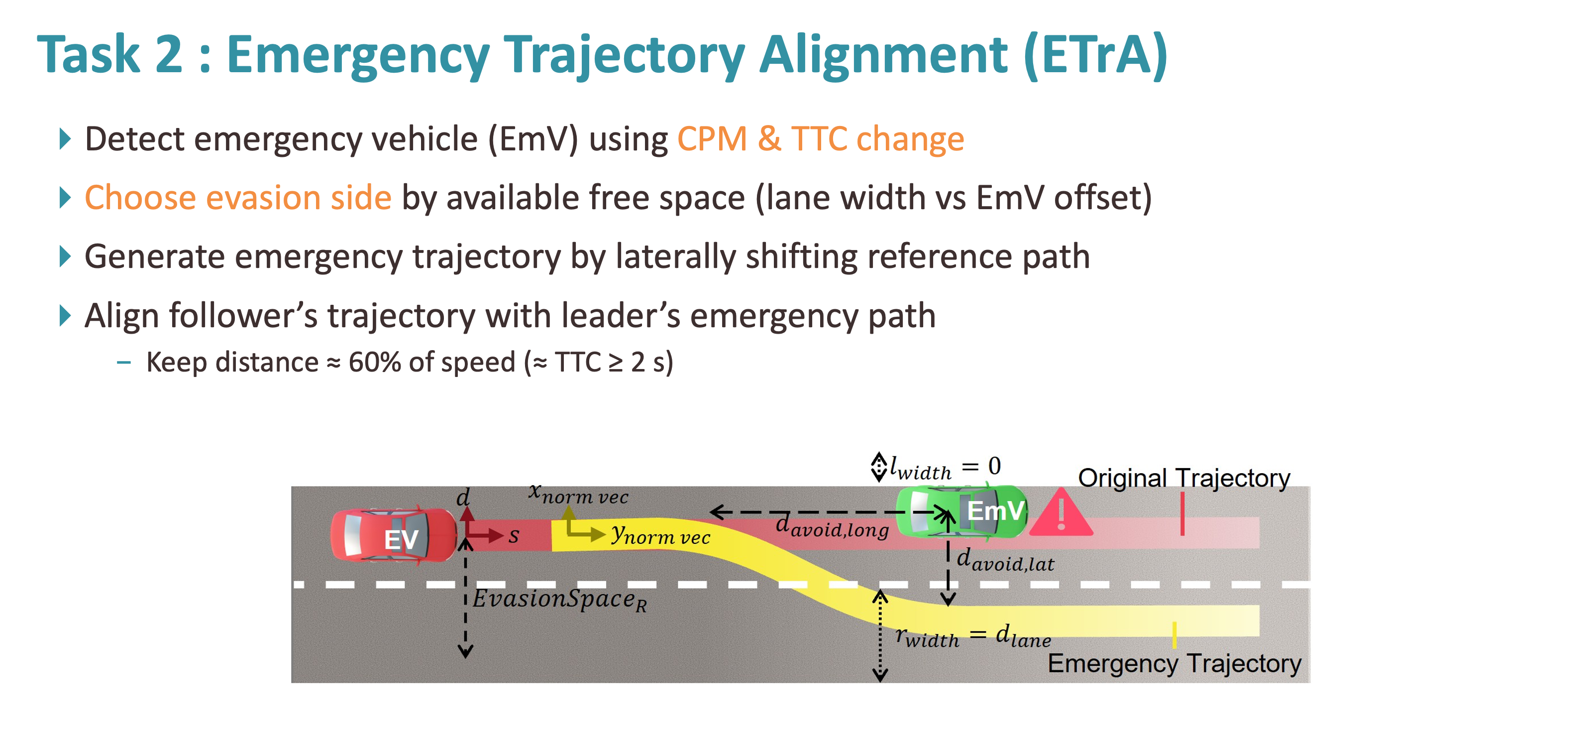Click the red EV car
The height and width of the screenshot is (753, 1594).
(394, 536)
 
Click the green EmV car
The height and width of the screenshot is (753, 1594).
(961, 511)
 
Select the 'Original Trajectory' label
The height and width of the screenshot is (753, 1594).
(1184, 478)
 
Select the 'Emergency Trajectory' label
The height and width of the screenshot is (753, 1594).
(1174, 663)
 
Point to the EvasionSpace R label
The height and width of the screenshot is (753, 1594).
(559, 600)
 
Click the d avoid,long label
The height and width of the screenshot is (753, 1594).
(832, 526)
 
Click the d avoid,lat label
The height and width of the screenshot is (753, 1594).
(1005, 560)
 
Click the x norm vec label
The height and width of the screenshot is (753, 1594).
(578, 494)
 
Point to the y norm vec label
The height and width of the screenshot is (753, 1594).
(660, 534)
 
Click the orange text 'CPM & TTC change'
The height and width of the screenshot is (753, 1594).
(821, 139)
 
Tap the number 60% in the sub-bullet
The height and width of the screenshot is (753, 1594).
(374, 362)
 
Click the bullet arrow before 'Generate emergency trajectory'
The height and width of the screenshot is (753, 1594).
(64, 256)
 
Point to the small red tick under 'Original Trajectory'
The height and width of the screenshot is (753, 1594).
(1182, 513)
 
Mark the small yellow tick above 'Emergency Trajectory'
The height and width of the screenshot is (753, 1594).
(1174, 635)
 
